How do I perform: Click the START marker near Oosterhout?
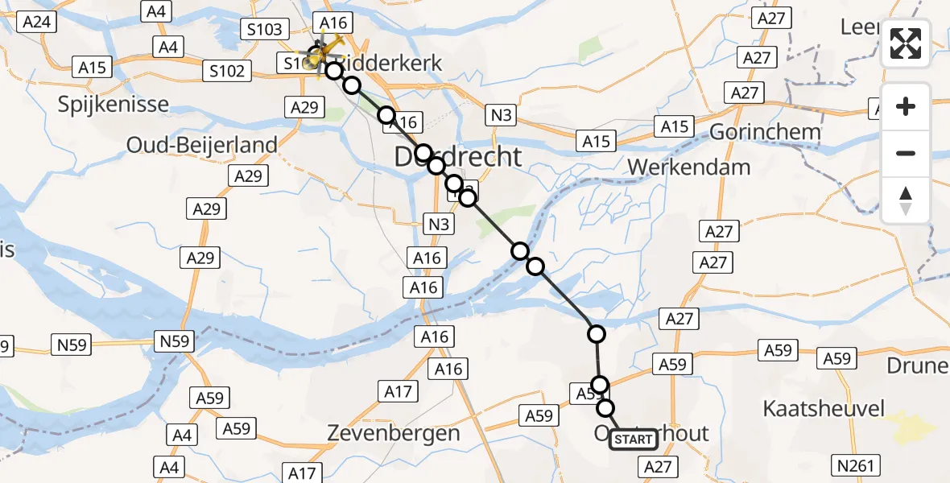click(x=634, y=440)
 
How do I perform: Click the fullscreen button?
click(x=906, y=43)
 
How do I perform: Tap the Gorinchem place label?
click(x=766, y=132)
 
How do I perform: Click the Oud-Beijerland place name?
click(x=202, y=145)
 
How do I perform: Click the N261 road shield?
click(x=857, y=464)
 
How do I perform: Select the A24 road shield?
click(x=37, y=22)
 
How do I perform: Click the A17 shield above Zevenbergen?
click(x=397, y=392)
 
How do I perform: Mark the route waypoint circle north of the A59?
click(x=597, y=333)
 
